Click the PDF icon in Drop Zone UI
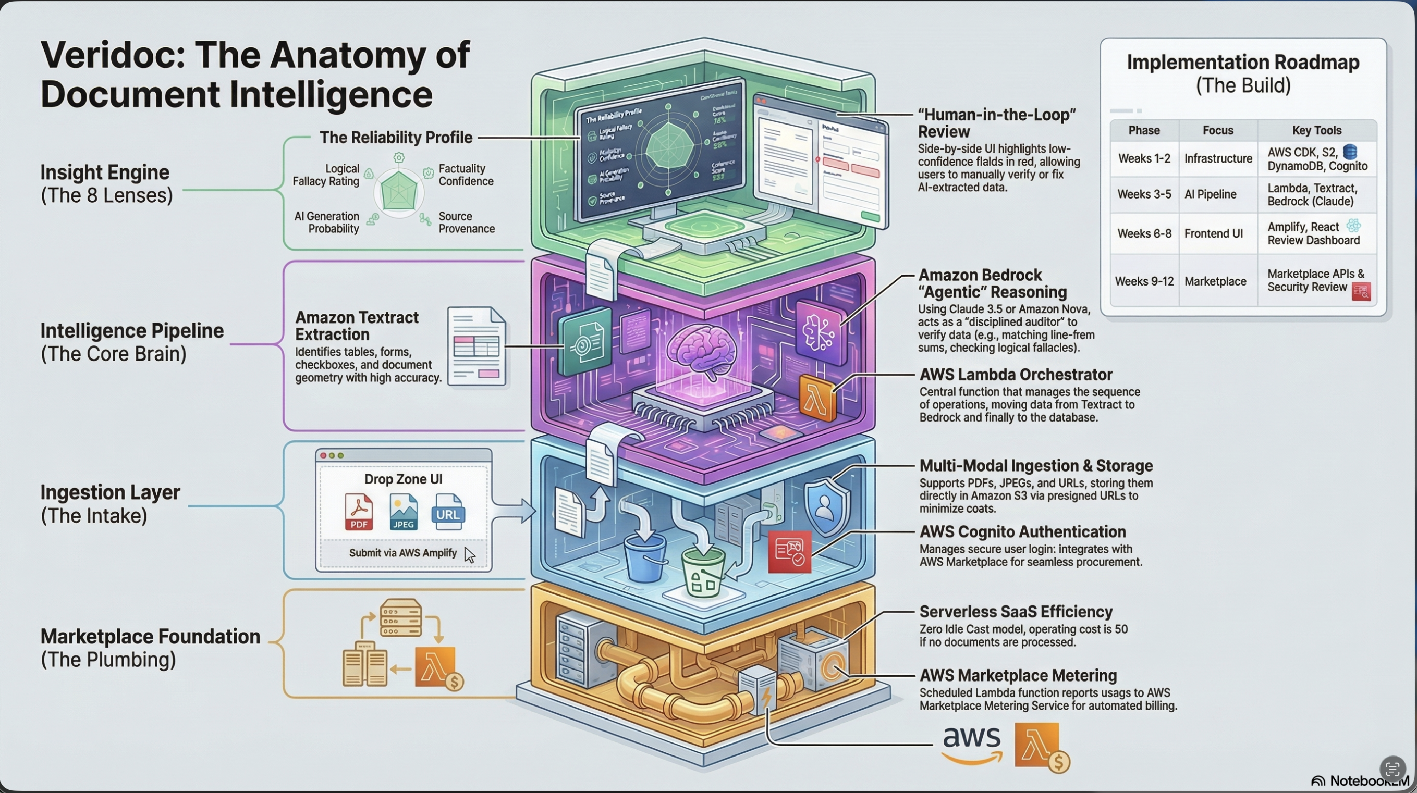tap(359, 512)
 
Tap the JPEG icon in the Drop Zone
tap(403, 512)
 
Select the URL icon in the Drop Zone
tap(448, 512)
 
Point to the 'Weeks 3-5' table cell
tap(1144, 194)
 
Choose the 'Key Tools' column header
tap(1316, 130)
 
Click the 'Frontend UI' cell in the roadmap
tap(1214, 233)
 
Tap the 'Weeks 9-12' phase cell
tap(1144, 281)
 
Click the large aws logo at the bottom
tap(971, 744)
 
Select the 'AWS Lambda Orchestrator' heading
tap(1016, 375)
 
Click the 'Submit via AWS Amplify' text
tap(402, 553)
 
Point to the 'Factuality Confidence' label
tap(466, 175)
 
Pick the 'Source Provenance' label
tap(466, 222)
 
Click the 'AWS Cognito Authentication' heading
tap(1022, 532)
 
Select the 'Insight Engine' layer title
tap(104, 172)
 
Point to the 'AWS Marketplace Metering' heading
tap(1018, 675)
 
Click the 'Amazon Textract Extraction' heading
tap(357, 326)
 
